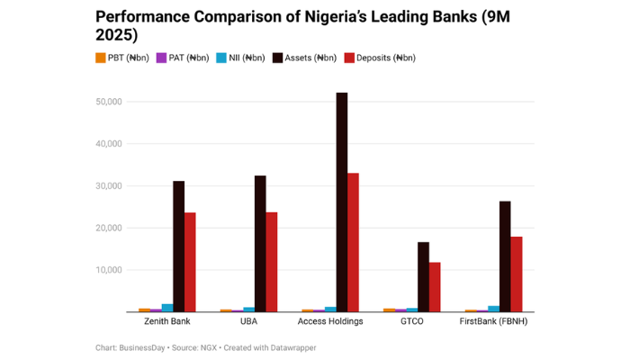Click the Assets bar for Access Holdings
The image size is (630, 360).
point(342,202)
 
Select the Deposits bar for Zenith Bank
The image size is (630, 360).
point(190,262)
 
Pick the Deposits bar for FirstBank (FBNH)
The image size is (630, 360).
point(517,274)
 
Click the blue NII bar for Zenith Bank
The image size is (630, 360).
point(167,308)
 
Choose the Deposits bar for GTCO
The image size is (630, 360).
point(435,287)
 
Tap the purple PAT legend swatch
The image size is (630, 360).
point(161,58)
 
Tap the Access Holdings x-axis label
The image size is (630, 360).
point(330,321)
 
